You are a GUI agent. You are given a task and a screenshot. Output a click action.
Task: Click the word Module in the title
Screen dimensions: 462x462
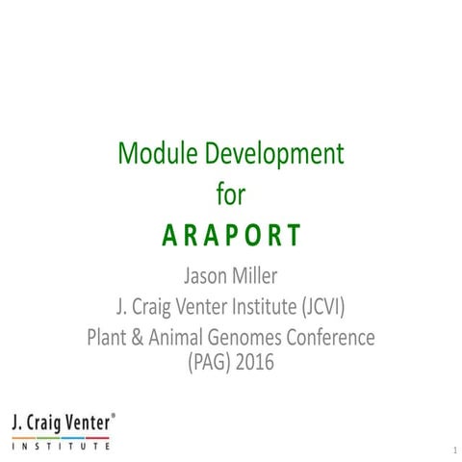[x=153, y=153]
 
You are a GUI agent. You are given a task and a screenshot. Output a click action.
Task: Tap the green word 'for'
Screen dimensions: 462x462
[x=230, y=194]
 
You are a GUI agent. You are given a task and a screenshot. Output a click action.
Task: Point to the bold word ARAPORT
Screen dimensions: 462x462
[x=230, y=236]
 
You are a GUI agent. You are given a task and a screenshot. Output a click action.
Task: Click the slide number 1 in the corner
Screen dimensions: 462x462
[x=450, y=449]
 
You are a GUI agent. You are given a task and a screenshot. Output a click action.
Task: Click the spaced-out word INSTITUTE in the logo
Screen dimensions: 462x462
[x=60, y=445]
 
